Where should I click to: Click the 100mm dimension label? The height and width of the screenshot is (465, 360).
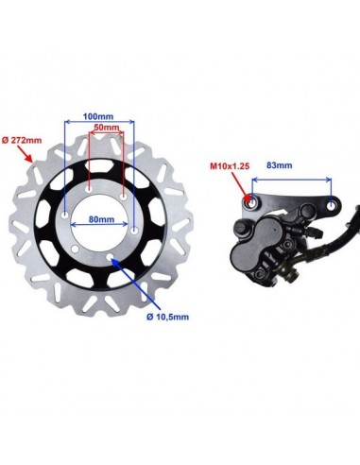(x=98, y=116)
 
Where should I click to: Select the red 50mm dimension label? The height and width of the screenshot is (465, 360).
(x=107, y=128)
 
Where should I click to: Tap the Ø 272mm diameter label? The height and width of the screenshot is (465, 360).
(x=22, y=140)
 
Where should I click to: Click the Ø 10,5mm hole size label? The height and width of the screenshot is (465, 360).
(x=168, y=317)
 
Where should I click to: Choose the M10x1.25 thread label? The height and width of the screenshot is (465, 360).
(x=230, y=166)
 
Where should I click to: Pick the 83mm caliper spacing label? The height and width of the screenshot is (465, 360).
(x=280, y=165)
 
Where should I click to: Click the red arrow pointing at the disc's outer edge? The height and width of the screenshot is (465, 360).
(x=25, y=154)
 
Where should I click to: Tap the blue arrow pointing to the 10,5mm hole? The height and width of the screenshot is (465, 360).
(x=136, y=284)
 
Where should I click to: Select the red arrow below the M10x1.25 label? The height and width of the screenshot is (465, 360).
(x=243, y=187)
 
